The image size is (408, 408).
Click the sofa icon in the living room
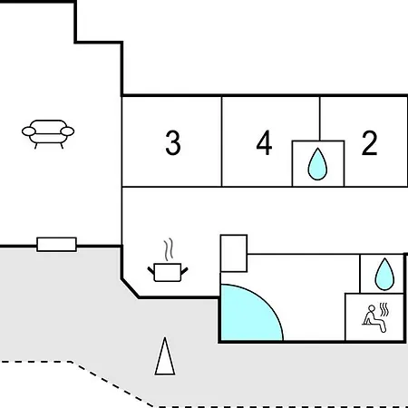48,134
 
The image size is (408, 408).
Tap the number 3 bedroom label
173,143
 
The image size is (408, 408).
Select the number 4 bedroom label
264,143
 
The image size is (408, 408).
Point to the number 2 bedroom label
369,143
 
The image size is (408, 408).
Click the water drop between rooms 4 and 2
317,164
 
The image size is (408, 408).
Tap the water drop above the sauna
384,274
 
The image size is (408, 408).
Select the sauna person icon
374,319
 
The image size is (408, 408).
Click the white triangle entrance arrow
165,356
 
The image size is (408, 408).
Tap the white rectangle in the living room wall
56,245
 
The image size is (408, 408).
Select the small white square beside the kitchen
234,253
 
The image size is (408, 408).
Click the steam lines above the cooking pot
169,249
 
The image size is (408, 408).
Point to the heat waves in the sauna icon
384,309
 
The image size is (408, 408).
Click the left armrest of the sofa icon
29,131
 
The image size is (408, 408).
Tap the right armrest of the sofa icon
67,131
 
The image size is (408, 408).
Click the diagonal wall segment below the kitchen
131,288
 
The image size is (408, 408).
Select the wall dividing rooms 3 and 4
221,141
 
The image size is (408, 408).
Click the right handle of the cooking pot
184,271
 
